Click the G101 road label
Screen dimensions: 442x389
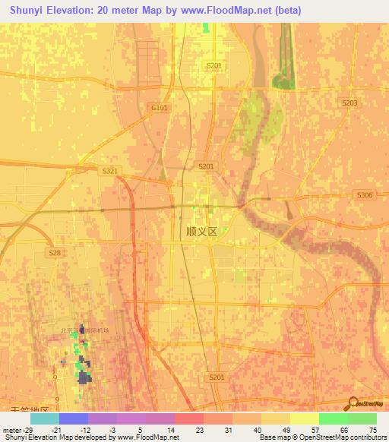159,109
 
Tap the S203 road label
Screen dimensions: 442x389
349,103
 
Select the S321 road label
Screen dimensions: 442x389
110,172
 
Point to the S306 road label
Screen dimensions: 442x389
365,195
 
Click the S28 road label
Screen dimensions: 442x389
55,252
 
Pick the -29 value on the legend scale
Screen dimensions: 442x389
28,429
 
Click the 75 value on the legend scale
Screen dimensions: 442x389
372,429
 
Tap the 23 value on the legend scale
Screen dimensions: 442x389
201,429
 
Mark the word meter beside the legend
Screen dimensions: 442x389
11,429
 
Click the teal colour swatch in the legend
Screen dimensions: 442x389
44,418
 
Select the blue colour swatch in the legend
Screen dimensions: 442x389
73,418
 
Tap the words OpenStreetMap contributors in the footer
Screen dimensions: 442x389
341,437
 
